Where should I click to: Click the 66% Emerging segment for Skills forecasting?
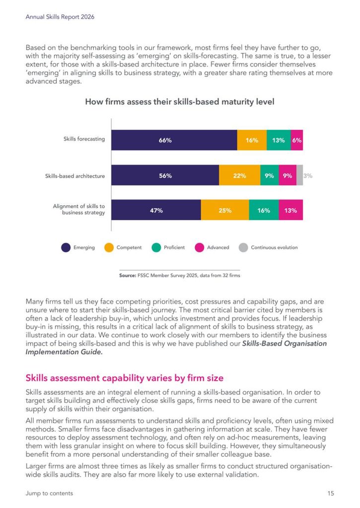point(174,140)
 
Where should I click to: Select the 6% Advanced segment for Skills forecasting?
point(297,140)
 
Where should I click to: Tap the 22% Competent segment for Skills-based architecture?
point(240,175)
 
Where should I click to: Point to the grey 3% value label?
point(308,176)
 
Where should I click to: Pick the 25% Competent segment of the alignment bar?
point(225,210)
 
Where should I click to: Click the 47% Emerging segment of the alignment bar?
point(156,210)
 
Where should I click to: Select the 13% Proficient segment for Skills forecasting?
point(279,140)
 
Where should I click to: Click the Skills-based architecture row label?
point(75,176)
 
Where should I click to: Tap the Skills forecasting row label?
point(84,139)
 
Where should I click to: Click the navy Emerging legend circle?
point(66,248)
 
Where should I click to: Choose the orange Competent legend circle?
point(109,248)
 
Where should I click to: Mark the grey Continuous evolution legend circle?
point(243,248)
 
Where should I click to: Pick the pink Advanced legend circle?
point(200,248)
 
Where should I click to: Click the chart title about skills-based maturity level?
point(180,102)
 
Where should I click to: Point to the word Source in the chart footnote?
point(128,275)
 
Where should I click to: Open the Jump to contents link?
point(49,493)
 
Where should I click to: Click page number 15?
point(331,493)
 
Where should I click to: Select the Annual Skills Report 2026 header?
point(60,17)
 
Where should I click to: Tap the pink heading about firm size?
point(125,378)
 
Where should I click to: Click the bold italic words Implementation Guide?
point(64,352)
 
